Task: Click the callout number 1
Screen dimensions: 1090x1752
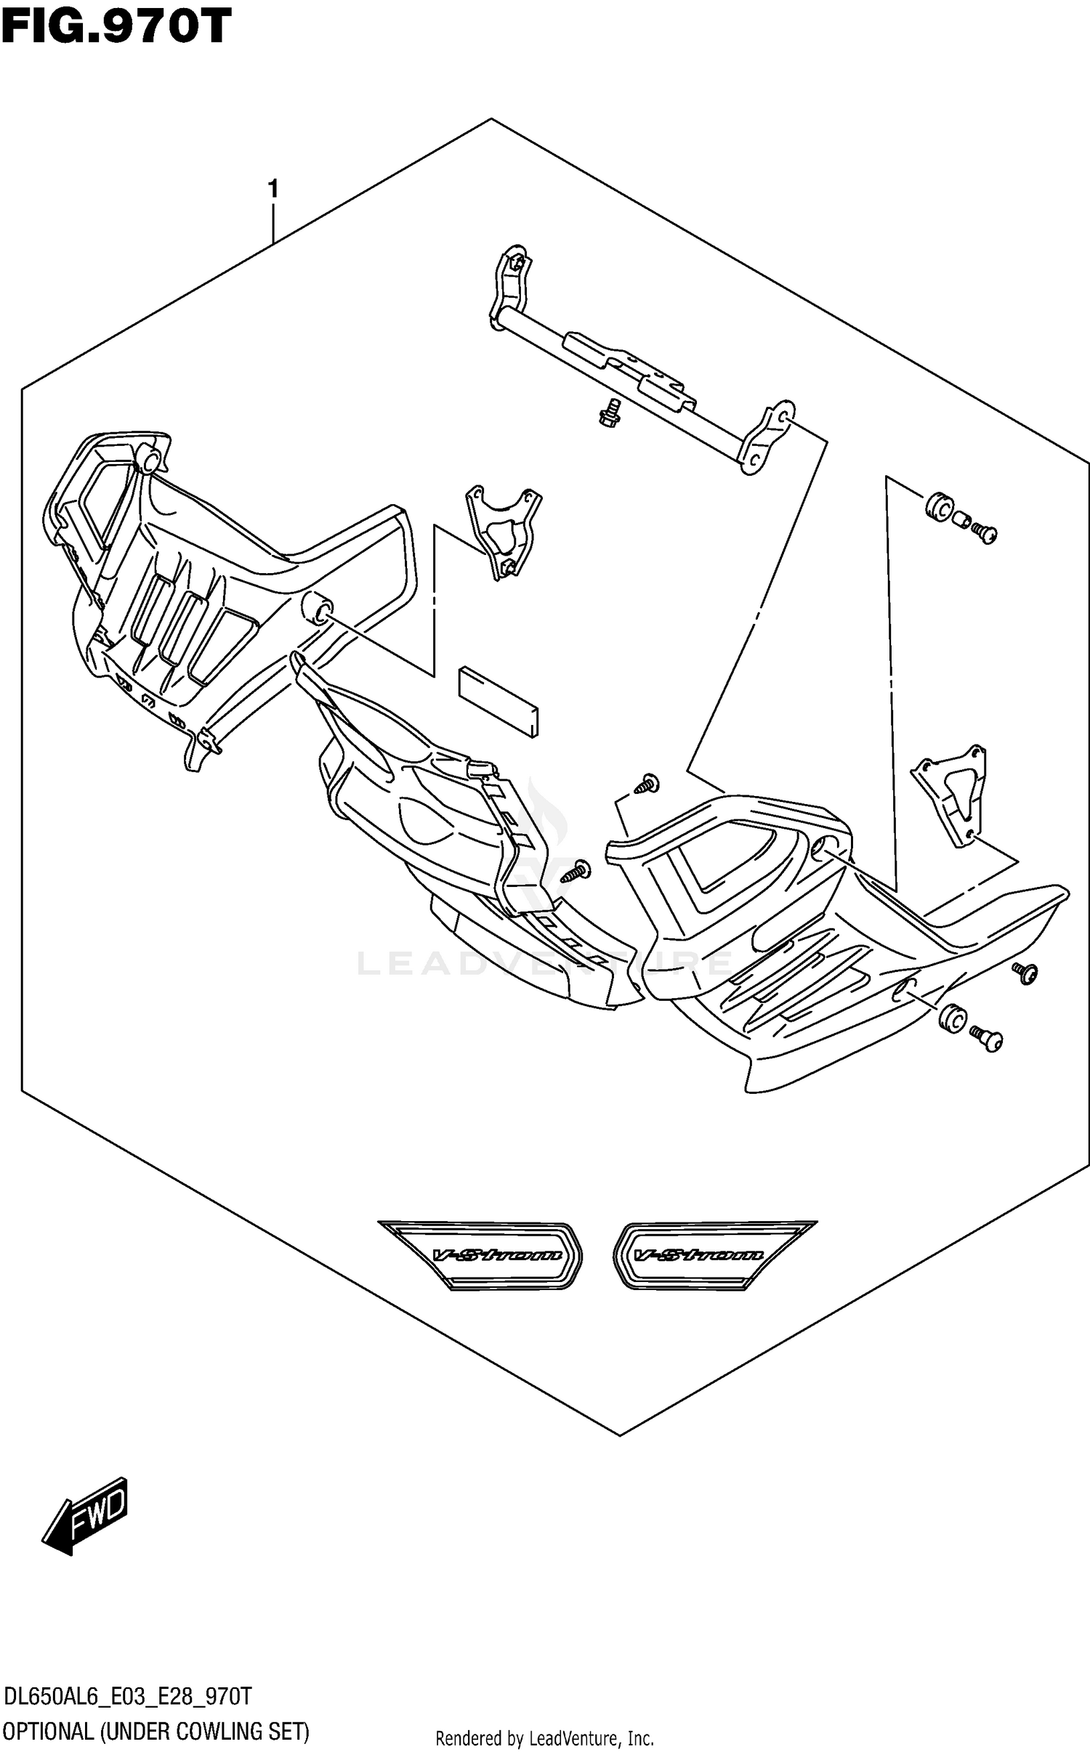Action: (272, 190)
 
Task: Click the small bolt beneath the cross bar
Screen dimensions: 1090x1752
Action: (610, 412)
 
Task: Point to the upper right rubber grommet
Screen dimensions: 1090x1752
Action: (940, 508)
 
